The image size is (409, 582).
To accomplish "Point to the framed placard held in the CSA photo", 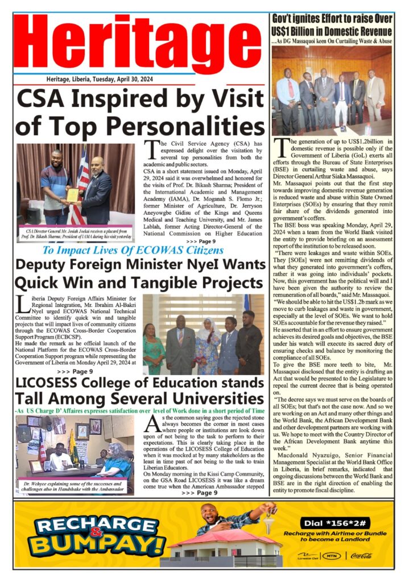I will [72, 195].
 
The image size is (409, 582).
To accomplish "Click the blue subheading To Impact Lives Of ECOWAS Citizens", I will [134, 251].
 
